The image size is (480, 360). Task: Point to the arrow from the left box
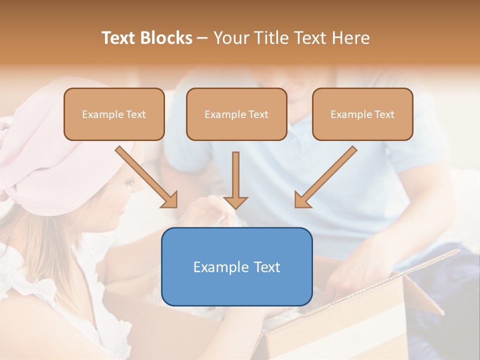pos(145,175)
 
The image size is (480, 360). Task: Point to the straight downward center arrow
pos(235,175)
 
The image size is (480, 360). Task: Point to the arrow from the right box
pos(327,175)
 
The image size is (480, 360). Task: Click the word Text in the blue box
pos(265,267)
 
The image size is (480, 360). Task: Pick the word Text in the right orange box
pos(384,114)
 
